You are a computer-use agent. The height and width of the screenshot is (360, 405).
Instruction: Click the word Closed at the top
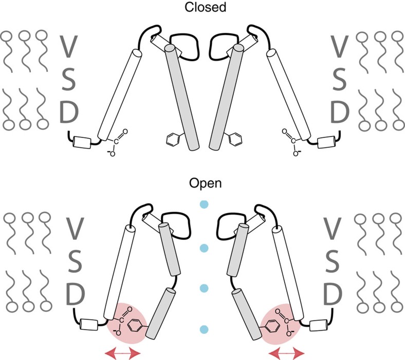[x=202, y=7]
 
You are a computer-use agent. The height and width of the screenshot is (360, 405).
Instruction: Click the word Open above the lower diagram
[x=202, y=183]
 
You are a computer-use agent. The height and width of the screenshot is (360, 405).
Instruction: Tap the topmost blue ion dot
[x=203, y=206]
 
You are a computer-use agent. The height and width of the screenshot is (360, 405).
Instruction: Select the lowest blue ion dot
[x=204, y=329]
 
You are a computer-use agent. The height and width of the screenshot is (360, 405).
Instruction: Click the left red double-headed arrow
[x=122, y=352]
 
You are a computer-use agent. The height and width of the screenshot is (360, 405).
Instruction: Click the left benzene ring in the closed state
[x=172, y=138]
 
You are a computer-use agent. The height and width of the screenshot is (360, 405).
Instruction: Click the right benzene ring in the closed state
[x=235, y=138]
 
